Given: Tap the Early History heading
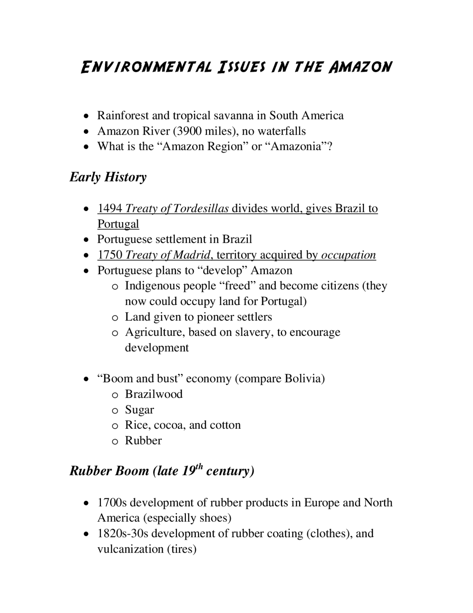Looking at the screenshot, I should pyautogui.click(x=108, y=177).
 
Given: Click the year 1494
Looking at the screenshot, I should pyautogui.click(x=110, y=208).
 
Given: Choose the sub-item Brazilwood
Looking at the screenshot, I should pyautogui.click(x=154, y=394).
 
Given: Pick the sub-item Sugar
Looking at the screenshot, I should pyautogui.click(x=139, y=409).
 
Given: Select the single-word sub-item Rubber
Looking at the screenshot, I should pyautogui.click(x=143, y=441).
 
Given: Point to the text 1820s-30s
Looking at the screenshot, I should pyautogui.click(x=123, y=533).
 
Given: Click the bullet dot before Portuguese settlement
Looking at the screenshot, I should pyautogui.click(x=86, y=240).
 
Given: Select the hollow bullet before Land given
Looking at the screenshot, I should pyautogui.click(x=115, y=318).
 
